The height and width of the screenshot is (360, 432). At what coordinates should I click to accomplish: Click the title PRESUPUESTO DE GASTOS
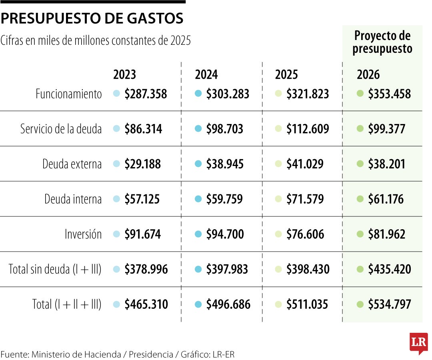click(92, 18)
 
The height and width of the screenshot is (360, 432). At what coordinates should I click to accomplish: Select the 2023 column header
click(125, 75)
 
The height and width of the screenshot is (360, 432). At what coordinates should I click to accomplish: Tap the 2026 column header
click(368, 75)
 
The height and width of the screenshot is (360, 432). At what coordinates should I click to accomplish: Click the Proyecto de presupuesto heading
click(382, 42)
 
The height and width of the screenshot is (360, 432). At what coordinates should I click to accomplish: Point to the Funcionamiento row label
click(69, 94)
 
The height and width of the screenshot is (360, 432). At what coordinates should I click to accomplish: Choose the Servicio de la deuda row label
click(61, 129)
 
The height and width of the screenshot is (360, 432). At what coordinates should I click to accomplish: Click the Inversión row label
click(83, 234)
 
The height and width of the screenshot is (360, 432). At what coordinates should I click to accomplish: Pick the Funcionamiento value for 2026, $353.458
click(389, 94)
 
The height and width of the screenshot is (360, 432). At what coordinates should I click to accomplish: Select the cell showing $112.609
click(308, 129)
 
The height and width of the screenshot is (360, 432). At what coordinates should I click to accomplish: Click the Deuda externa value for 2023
click(142, 164)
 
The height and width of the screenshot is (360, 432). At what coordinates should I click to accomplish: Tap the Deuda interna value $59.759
click(224, 199)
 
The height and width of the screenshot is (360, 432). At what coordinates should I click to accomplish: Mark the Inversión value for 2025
click(305, 234)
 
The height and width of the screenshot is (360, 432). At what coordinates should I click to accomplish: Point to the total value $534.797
click(389, 305)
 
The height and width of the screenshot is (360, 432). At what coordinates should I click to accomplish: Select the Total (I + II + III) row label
click(67, 305)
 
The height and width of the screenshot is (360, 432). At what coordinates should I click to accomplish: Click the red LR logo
click(418, 343)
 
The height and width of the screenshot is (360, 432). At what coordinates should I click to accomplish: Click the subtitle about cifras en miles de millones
click(96, 40)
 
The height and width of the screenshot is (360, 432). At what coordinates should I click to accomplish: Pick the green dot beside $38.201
click(360, 164)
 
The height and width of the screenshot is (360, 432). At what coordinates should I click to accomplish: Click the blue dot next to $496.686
click(198, 304)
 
